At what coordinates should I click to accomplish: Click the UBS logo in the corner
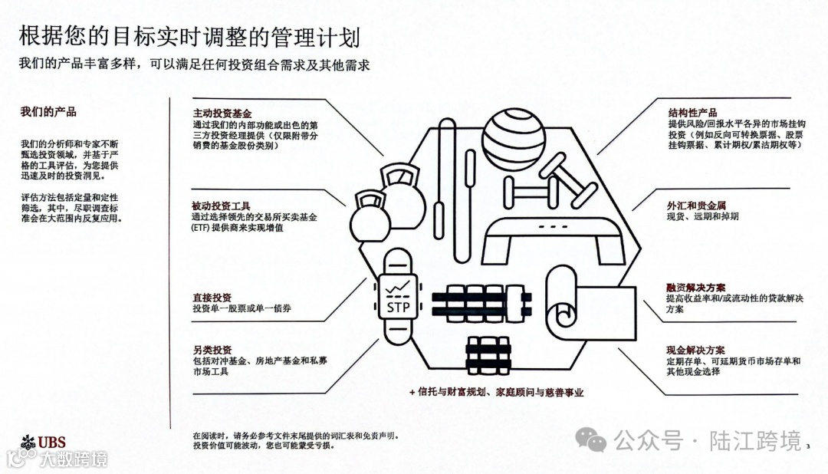(44, 442)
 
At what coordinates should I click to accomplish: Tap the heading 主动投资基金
(222, 113)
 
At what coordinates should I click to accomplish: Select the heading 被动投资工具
(222, 206)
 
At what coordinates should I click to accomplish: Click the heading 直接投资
(212, 298)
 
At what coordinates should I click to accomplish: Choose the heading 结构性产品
(692, 113)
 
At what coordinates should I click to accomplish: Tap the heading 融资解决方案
(696, 288)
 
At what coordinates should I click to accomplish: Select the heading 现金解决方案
(696, 350)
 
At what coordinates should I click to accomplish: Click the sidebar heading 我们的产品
(48, 112)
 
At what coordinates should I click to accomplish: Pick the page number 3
(809, 446)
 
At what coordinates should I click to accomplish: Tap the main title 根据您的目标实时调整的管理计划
(189, 36)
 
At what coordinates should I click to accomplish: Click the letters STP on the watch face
(398, 308)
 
